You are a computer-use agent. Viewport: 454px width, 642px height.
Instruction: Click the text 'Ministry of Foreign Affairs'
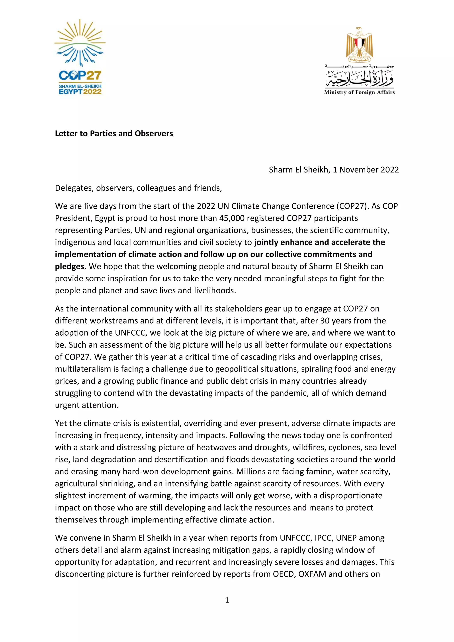pyautogui.click(x=359, y=92)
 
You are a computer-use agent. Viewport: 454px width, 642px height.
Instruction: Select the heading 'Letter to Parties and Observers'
pyautogui.click(x=114, y=134)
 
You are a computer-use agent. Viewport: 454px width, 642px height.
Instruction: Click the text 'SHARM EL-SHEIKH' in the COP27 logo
pyautogui.click(x=80, y=86)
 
